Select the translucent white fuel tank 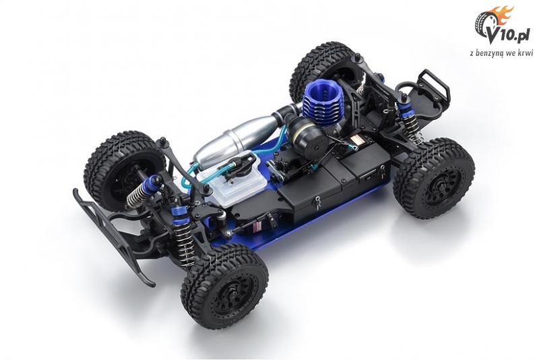[x=232, y=181]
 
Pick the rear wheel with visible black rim [x=434, y=178]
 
